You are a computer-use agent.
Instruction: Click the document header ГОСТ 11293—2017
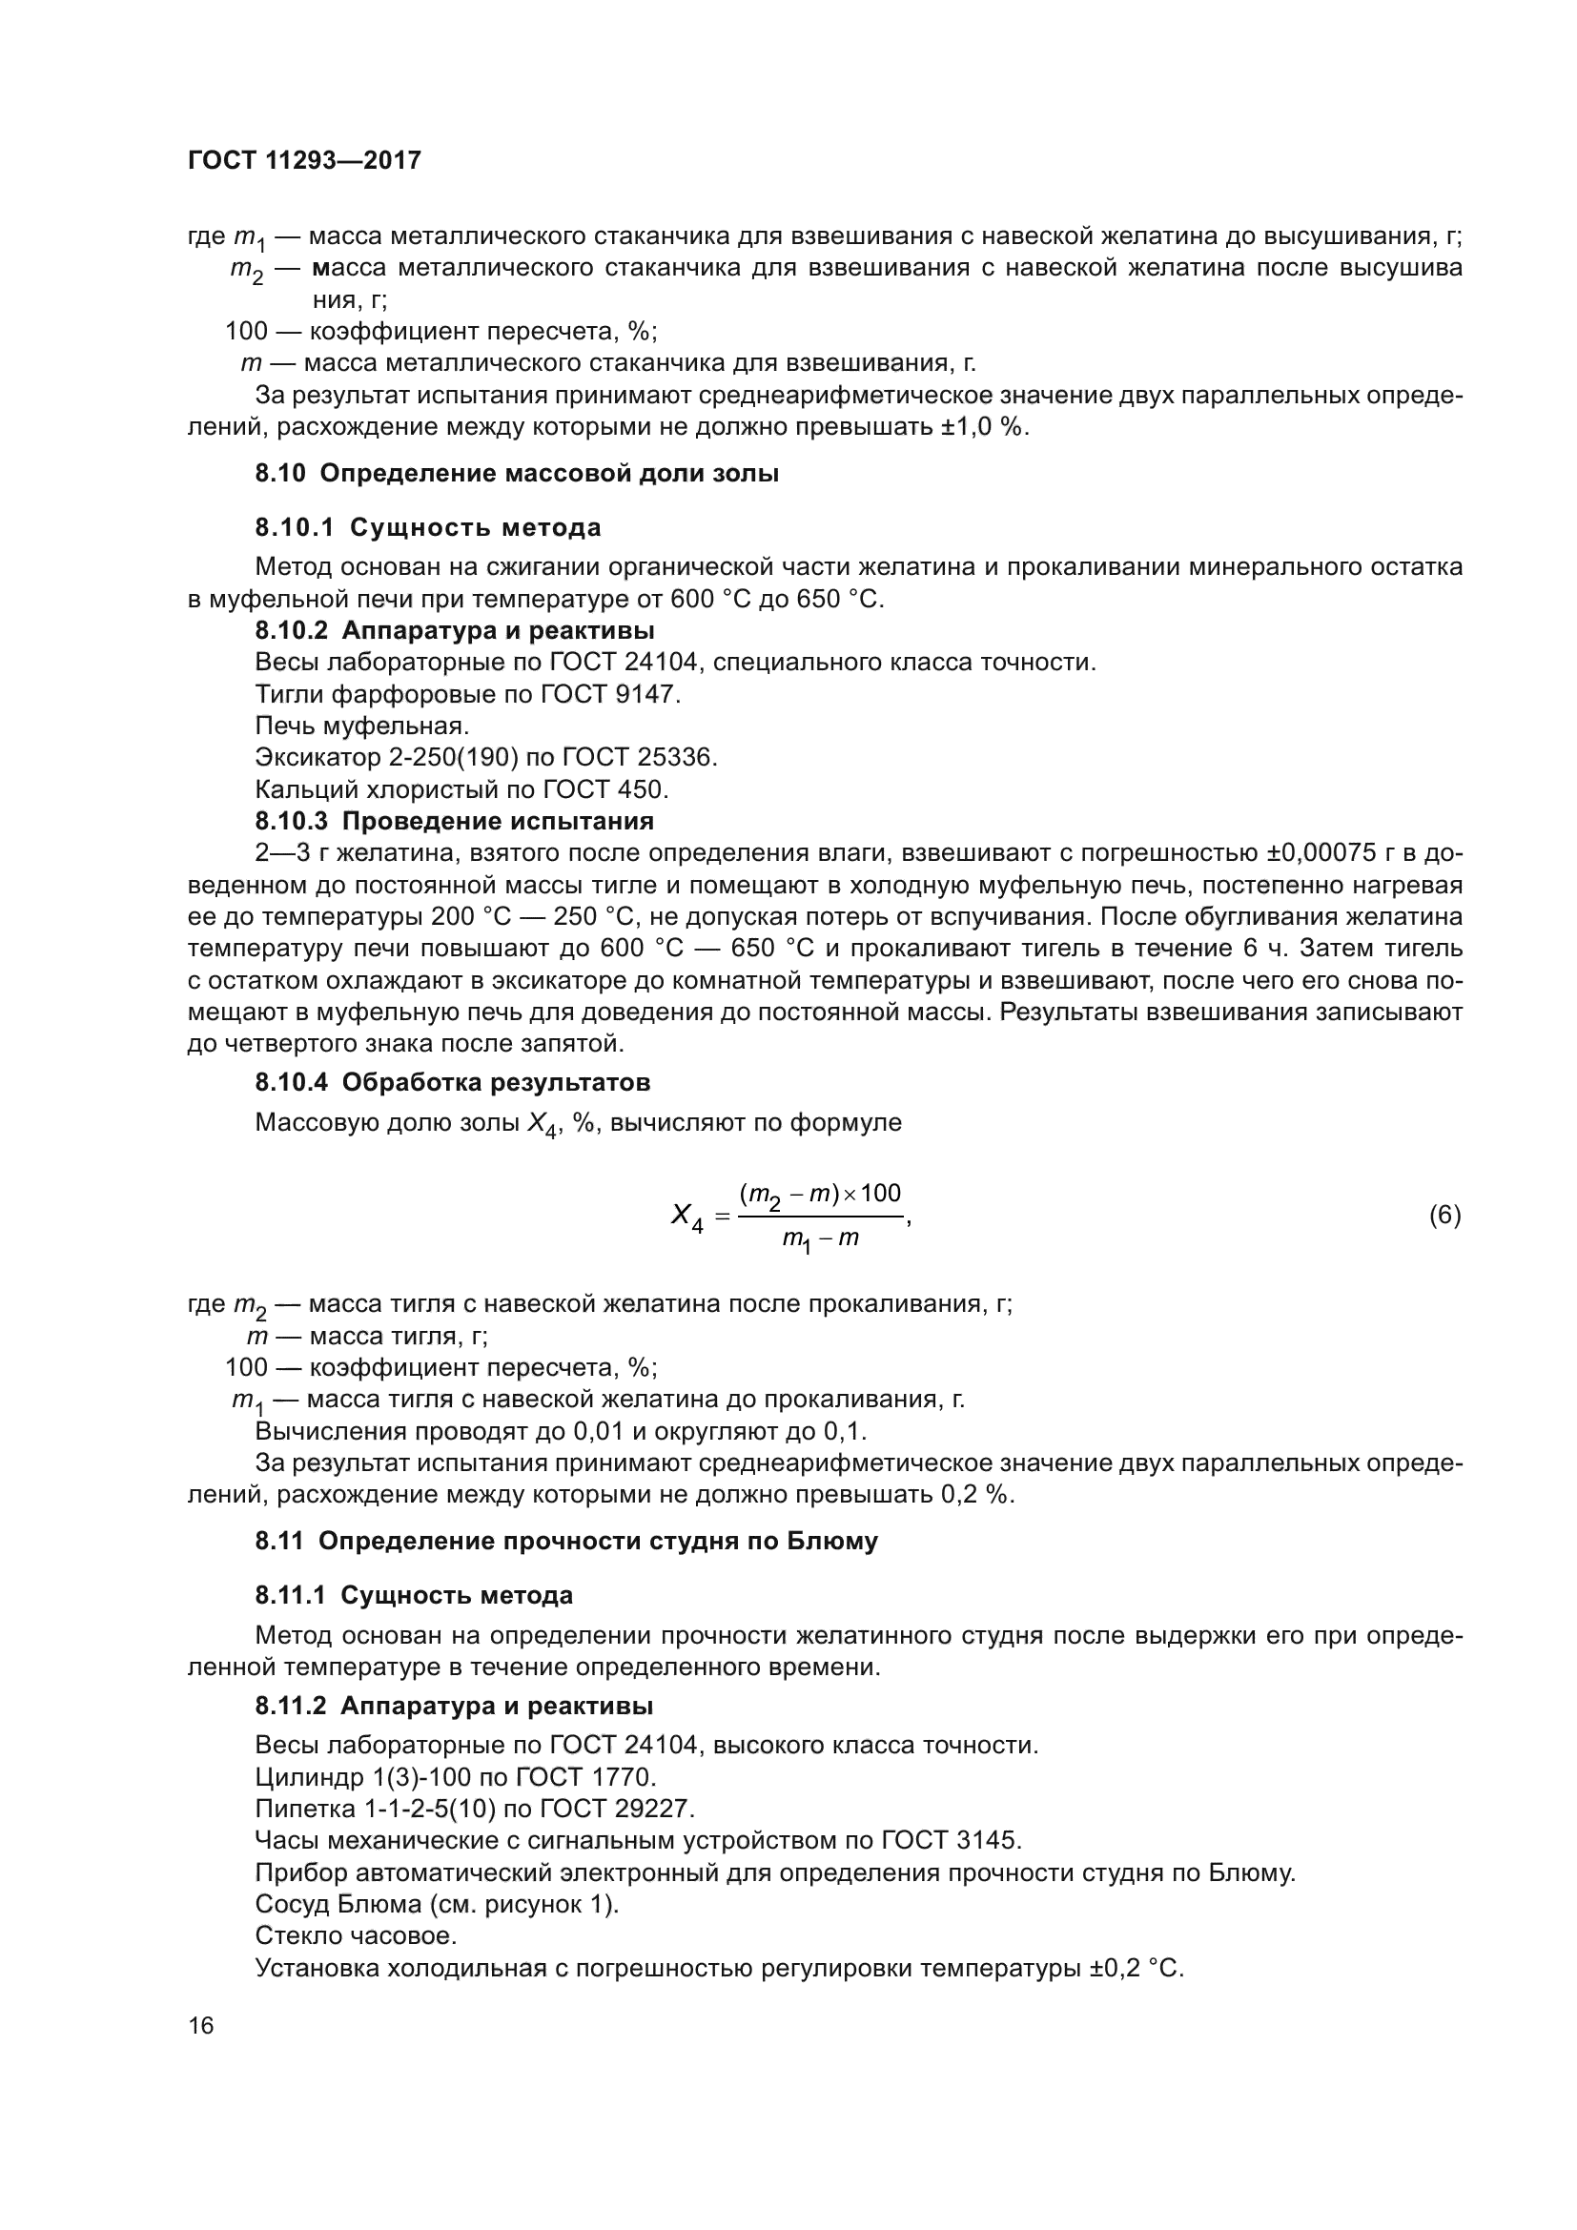point(304,160)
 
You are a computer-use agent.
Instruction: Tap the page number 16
point(201,2025)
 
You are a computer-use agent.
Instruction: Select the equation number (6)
point(1444,1215)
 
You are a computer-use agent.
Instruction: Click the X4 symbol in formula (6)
point(686,1216)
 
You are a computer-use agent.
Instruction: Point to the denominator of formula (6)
point(821,1240)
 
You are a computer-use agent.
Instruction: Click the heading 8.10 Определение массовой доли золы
point(517,474)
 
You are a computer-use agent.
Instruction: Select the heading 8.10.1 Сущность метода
point(428,527)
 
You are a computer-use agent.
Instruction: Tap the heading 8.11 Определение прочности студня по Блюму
point(566,1542)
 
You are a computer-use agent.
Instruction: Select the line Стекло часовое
point(356,1935)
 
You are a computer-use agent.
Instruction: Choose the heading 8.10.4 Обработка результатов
point(453,1082)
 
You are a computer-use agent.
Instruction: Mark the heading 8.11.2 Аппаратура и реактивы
point(454,1707)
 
